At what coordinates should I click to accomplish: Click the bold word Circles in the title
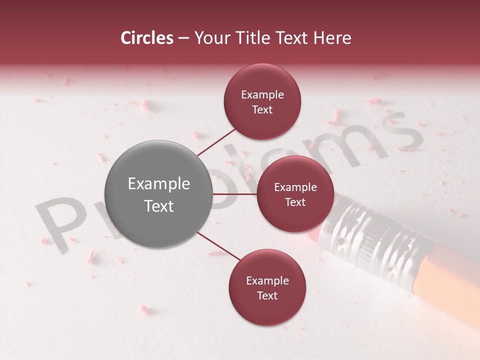point(146,38)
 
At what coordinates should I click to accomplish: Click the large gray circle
point(158,194)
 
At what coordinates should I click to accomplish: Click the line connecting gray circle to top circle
point(216,141)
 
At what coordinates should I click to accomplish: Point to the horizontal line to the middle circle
point(235,194)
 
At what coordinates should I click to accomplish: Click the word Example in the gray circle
point(158,184)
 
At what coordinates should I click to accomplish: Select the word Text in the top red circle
point(262,110)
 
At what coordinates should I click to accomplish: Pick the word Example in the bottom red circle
point(267,281)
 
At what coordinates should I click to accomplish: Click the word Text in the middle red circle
point(295,202)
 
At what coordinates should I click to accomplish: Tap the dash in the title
point(183,38)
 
